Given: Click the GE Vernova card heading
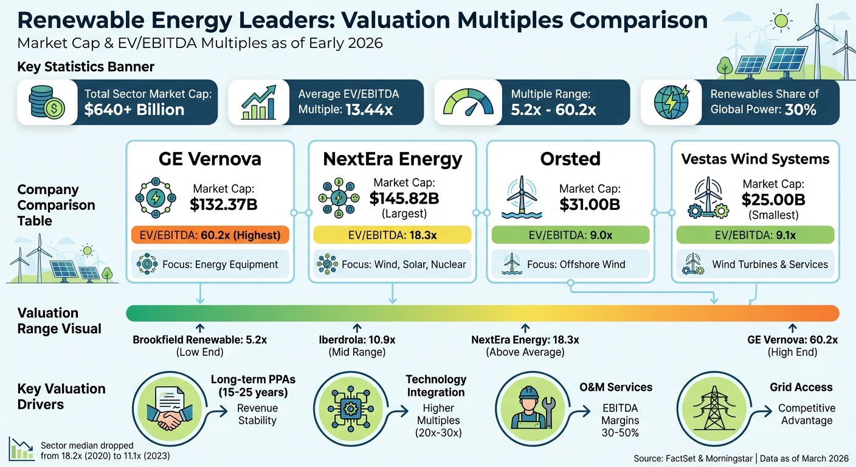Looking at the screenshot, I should pyautogui.click(x=209, y=159).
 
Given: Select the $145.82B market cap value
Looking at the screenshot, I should pyautogui.click(x=404, y=198).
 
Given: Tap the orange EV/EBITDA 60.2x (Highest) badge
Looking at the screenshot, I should pyautogui.click(x=209, y=235).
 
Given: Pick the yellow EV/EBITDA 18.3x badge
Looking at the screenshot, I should pyautogui.click(x=392, y=235).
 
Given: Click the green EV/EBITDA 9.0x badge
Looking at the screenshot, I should pyautogui.click(x=570, y=235).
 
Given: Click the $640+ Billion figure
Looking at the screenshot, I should pyautogui.click(x=134, y=110).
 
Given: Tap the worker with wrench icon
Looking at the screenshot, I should pyautogui.click(x=530, y=404).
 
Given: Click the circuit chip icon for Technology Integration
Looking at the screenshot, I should pyautogui.click(x=347, y=404).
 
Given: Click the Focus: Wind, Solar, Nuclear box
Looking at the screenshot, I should pyautogui.click(x=392, y=265).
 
